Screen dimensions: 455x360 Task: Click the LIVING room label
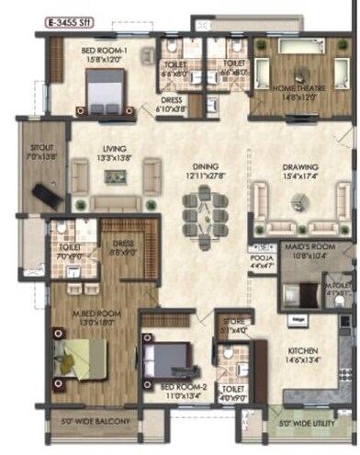(x=114, y=154)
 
